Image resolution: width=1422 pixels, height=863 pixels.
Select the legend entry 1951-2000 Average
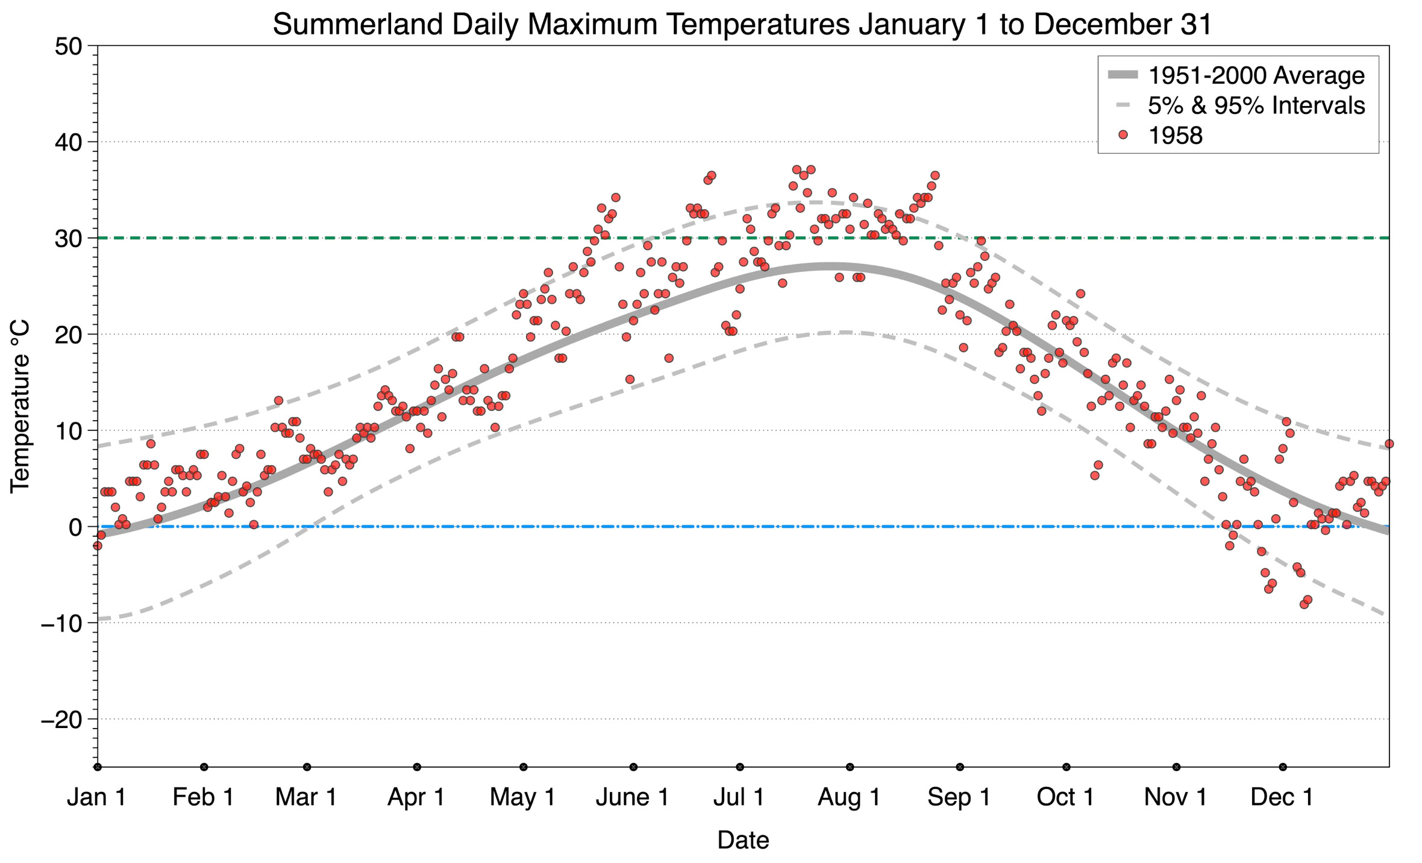1256,75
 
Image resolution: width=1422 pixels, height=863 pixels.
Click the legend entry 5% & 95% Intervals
1256,105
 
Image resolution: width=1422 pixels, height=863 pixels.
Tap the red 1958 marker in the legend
1123,135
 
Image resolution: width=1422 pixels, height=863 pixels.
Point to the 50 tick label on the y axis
67,46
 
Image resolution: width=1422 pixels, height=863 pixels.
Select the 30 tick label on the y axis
67,239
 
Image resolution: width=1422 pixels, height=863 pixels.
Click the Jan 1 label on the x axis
96,797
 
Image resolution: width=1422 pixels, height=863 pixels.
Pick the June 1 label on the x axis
632,797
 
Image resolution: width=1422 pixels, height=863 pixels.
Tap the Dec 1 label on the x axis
1282,797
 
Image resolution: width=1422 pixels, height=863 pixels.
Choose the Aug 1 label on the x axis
848,797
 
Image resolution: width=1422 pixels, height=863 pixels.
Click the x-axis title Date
743,840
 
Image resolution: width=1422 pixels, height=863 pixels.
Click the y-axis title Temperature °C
20,407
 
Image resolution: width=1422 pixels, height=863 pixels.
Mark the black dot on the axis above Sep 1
960,767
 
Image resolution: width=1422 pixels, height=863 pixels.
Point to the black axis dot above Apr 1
417,767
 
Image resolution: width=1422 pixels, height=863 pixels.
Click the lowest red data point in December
1304,604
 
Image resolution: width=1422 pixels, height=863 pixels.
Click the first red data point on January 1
98,545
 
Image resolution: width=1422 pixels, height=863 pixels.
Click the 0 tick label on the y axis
75,527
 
